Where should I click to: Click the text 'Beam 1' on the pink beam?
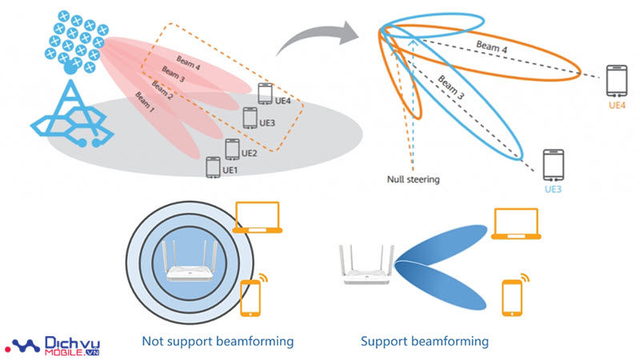click(x=146, y=102)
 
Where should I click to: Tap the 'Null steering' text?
click(x=414, y=180)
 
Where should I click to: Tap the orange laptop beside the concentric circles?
click(x=258, y=218)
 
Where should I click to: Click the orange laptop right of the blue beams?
click(x=517, y=223)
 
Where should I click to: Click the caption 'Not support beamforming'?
click(x=217, y=342)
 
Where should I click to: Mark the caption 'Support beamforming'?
click(x=424, y=342)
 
